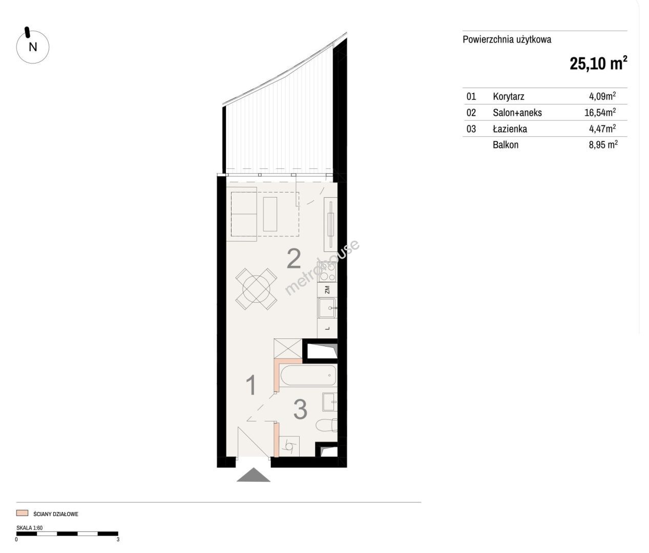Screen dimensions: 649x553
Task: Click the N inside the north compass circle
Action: pyautogui.click(x=33, y=47)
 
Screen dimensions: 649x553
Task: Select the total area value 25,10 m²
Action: pyautogui.click(x=598, y=63)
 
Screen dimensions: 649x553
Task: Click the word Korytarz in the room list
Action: pyautogui.click(x=508, y=96)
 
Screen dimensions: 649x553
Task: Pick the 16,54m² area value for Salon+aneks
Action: pyautogui.click(x=600, y=112)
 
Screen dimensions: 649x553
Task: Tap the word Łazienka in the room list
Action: pyautogui.click(x=510, y=129)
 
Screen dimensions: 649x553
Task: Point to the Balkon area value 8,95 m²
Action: pyautogui.click(x=603, y=145)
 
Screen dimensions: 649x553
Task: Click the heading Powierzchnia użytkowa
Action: pyautogui.click(x=507, y=40)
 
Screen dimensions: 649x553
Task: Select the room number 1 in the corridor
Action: pyautogui.click(x=252, y=385)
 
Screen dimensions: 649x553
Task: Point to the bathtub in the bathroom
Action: pyautogui.click(x=308, y=375)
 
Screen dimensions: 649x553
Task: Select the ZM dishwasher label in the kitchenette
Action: pyautogui.click(x=327, y=290)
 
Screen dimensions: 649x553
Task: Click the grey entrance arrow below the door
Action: pyautogui.click(x=254, y=475)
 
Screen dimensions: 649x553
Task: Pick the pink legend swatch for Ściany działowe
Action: pyautogui.click(x=22, y=514)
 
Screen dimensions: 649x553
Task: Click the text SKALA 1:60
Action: pyautogui.click(x=30, y=528)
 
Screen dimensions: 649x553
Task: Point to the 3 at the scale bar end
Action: pyautogui.click(x=118, y=540)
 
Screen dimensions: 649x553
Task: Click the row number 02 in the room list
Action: pyautogui.click(x=471, y=113)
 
